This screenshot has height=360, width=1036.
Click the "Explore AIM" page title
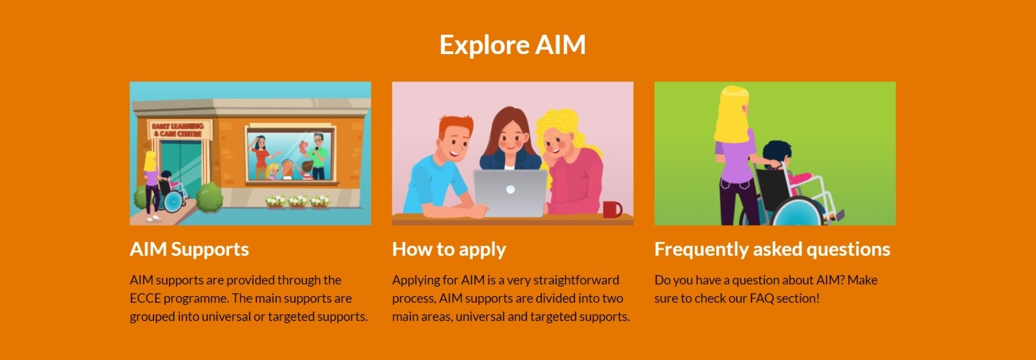click(512, 45)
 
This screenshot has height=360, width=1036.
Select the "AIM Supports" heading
click(189, 249)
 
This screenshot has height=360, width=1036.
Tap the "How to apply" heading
click(449, 249)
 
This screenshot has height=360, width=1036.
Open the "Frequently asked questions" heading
click(772, 249)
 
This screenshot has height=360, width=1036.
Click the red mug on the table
click(612, 209)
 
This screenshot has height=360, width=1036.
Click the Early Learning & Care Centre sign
click(178, 130)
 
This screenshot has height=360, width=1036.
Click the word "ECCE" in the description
click(145, 298)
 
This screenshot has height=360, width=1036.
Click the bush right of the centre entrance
click(209, 197)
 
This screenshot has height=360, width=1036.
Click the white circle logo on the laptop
click(510, 189)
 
